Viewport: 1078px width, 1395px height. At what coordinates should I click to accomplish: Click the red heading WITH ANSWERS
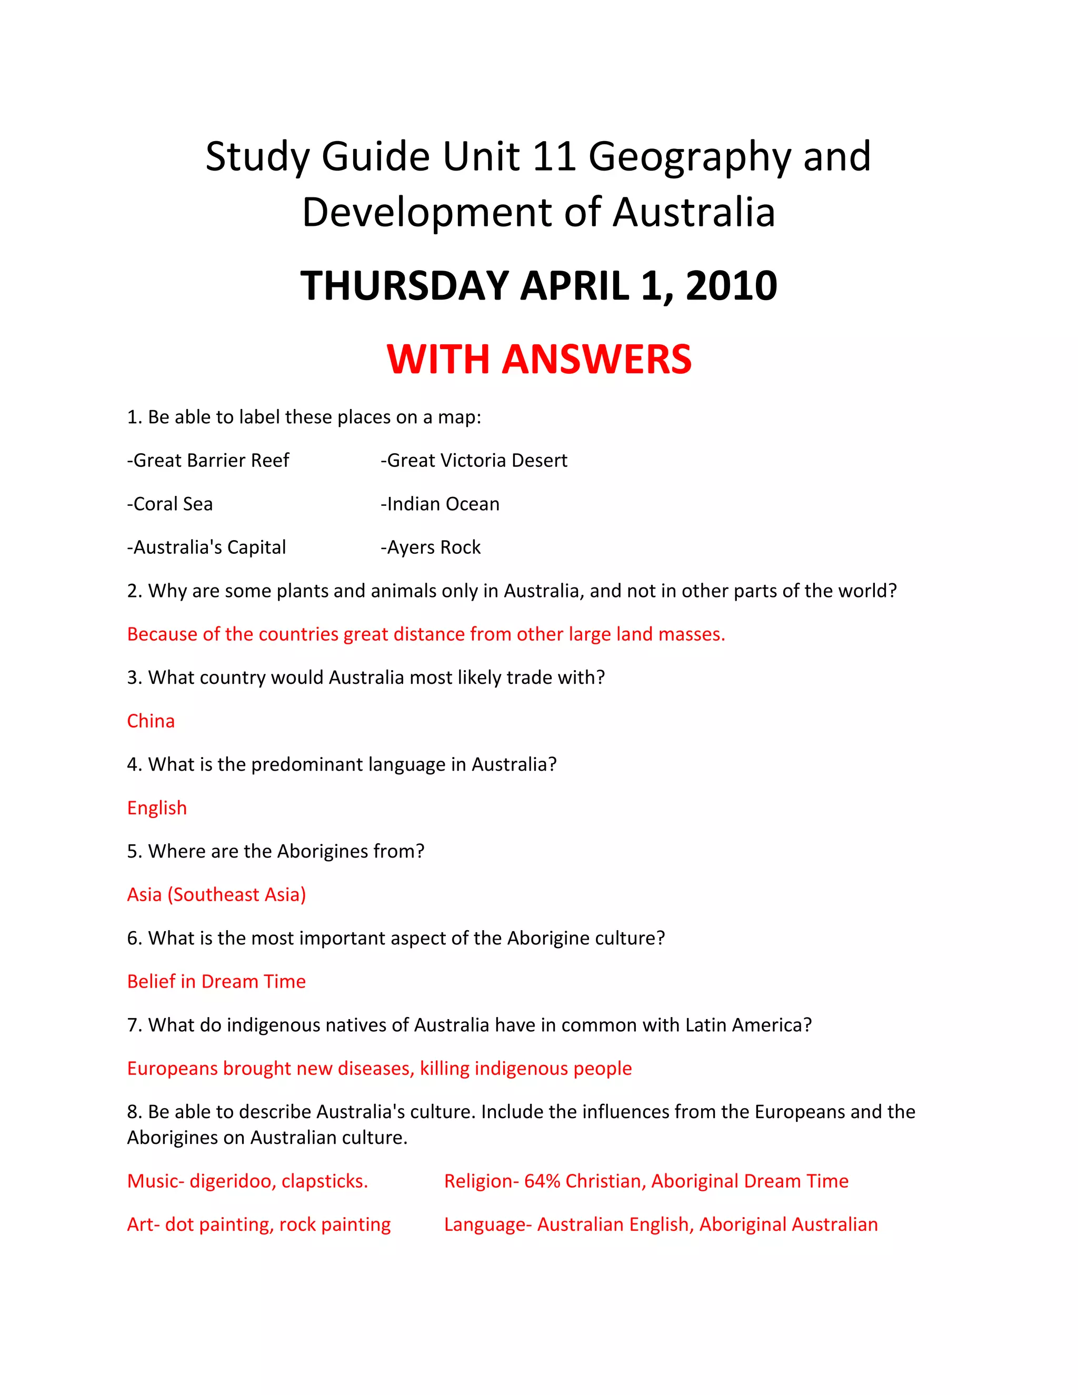click(x=538, y=359)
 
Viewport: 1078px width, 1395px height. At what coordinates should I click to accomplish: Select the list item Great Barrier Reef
click(x=208, y=461)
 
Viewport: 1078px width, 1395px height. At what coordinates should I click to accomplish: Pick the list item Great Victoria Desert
click(x=474, y=461)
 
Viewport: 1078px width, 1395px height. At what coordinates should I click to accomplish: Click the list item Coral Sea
click(x=170, y=504)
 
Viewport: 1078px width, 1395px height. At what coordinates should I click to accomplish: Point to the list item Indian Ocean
click(x=440, y=504)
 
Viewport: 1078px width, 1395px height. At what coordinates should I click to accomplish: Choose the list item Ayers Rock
click(x=431, y=547)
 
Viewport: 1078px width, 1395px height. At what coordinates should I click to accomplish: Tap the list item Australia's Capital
click(x=206, y=547)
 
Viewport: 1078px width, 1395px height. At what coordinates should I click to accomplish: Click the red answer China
click(x=151, y=721)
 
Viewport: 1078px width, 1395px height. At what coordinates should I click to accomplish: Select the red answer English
click(x=157, y=808)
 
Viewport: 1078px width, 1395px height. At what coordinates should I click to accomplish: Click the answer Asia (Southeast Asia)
click(x=216, y=895)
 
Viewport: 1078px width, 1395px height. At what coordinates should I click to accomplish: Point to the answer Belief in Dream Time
click(x=216, y=982)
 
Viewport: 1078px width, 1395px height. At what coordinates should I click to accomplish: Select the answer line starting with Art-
click(x=258, y=1224)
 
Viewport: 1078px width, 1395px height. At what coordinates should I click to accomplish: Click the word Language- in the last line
click(x=488, y=1224)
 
